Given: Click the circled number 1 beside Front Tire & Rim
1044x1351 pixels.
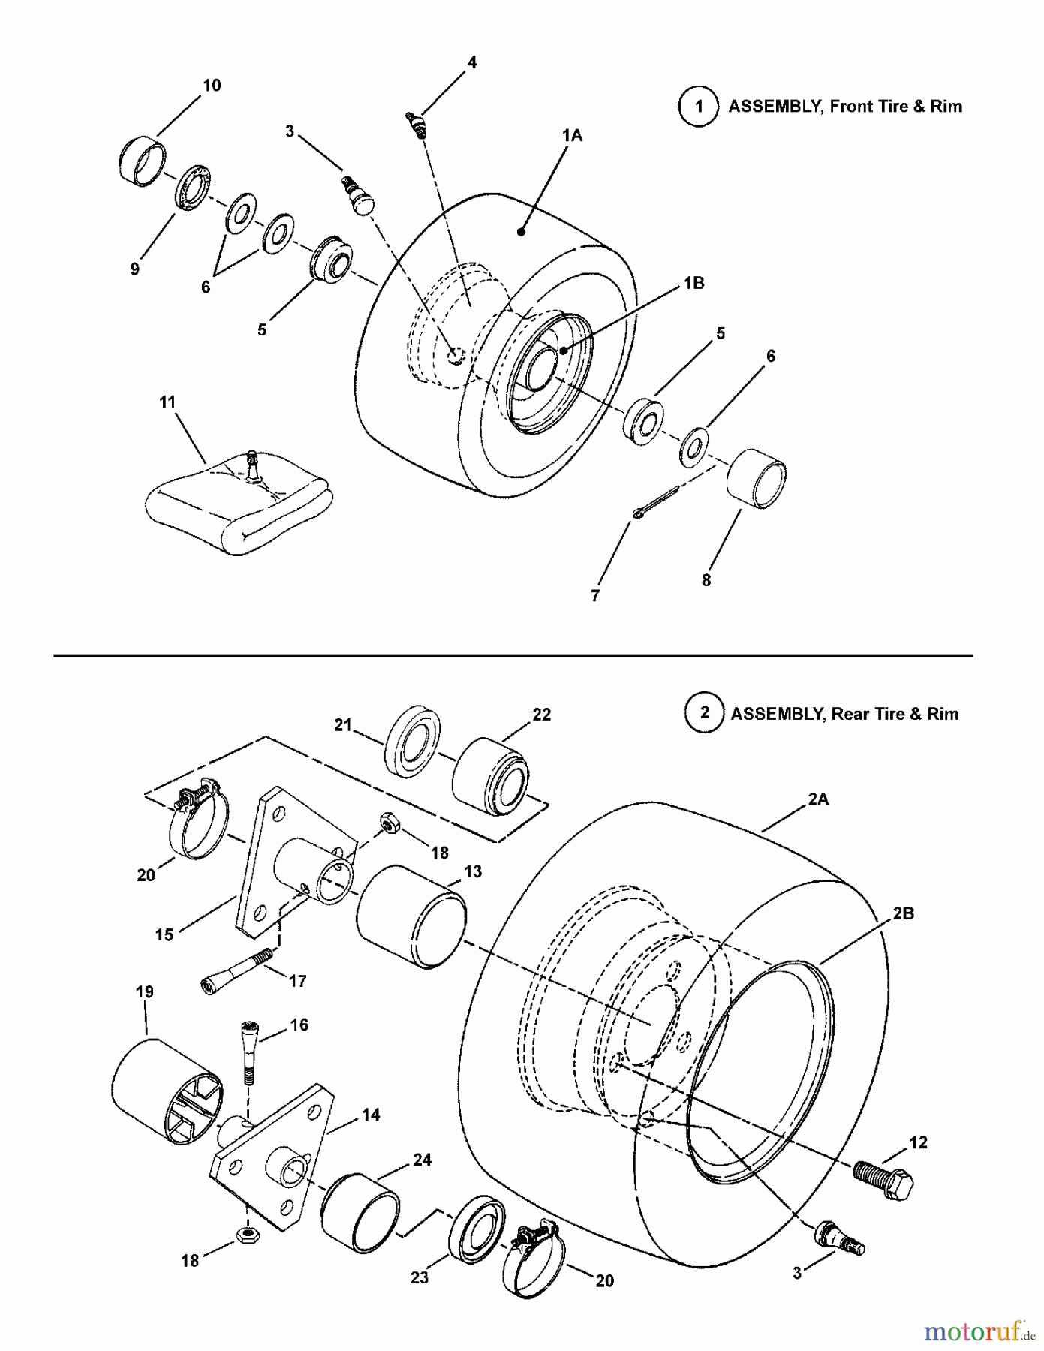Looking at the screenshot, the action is [x=699, y=107].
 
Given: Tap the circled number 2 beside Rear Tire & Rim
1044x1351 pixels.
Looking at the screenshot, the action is [x=704, y=712].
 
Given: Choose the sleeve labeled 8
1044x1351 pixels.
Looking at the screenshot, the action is [x=756, y=479].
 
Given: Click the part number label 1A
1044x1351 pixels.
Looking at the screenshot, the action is [x=572, y=135].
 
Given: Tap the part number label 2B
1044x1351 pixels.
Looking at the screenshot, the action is [x=903, y=913].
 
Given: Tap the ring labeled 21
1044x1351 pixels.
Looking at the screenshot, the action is [x=412, y=742].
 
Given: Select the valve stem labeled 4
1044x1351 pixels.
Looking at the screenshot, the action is [x=417, y=123].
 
